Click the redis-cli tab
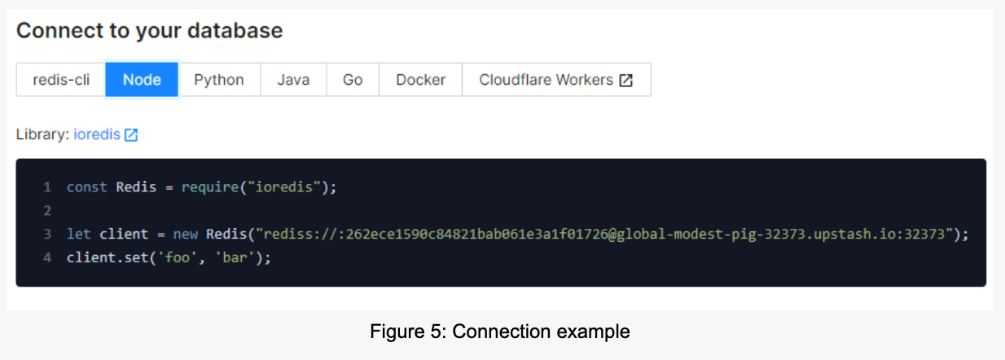61,80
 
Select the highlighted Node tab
142,80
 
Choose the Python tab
219,80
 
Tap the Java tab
293,80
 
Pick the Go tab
353,80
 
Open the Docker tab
420,80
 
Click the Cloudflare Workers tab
546,80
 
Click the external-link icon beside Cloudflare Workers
625,81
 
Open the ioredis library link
96,134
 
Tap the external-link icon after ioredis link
131,135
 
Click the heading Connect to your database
150,31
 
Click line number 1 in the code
47,187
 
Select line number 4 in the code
47,257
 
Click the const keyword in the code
86,187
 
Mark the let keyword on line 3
79,234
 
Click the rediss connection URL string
603,234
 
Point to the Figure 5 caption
500,332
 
